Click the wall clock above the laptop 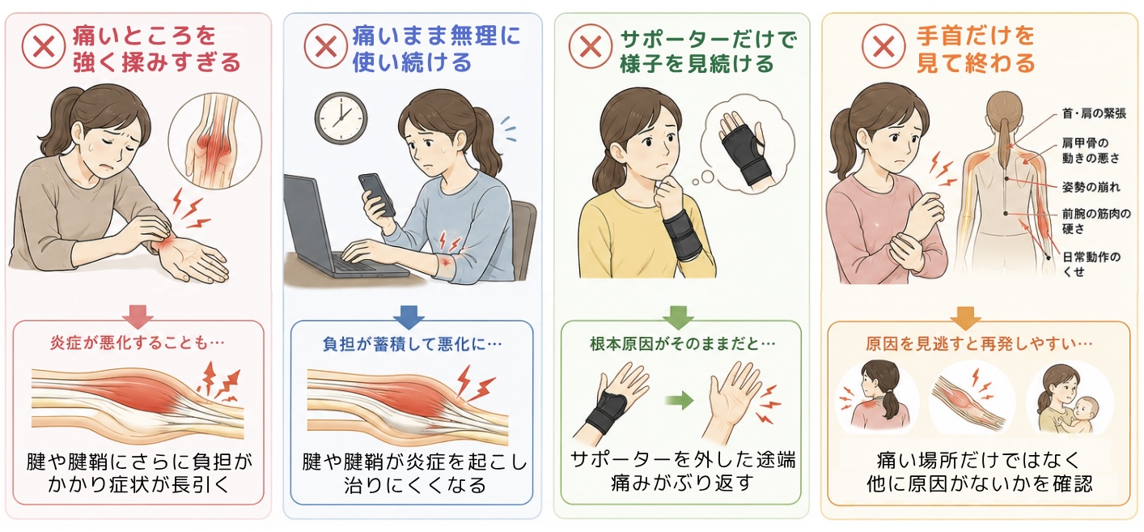(341, 118)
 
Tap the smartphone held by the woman (376, 194)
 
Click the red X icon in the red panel (44, 46)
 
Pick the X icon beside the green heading (591, 46)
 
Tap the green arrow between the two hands (680, 401)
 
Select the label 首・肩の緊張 (1094, 113)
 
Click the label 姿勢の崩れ (1091, 187)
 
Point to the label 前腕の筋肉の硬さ (1096, 221)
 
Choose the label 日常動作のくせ (1091, 264)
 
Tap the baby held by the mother (1083, 415)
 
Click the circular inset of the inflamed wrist (215, 141)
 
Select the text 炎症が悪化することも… (137, 343)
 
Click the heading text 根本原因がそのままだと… (682, 343)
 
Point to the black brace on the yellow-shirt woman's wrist (682, 235)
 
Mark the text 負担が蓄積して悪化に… (412, 344)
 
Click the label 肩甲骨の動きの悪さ (1091, 151)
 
